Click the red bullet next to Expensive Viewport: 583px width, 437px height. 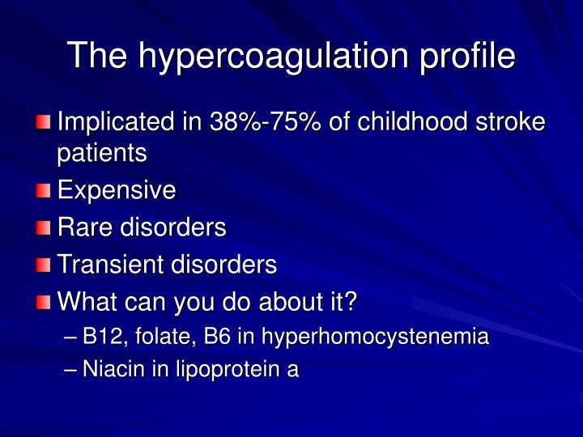(x=43, y=191)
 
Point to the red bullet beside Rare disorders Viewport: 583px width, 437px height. (x=43, y=228)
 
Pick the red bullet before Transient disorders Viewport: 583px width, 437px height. (x=43, y=265)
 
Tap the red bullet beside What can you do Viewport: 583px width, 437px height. (x=43, y=303)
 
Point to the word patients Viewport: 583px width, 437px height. (x=101, y=153)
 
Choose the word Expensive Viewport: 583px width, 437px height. (x=117, y=191)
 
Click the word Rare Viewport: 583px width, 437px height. (x=86, y=227)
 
